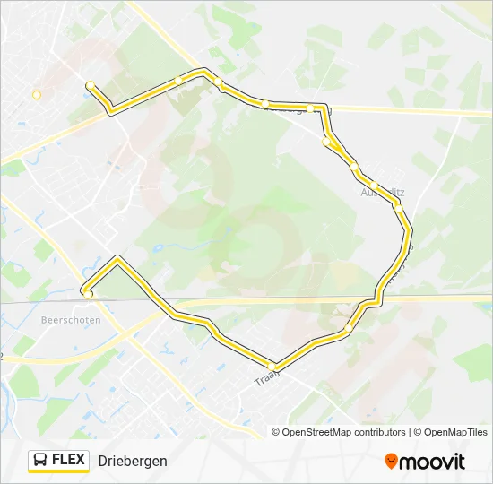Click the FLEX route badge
coord(59,461)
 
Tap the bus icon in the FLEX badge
coord(41,461)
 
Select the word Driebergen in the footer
coord(133,461)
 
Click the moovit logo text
coord(431,462)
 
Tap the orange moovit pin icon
coord(391,461)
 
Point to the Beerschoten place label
coord(70,319)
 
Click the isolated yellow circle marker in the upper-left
coord(37,94)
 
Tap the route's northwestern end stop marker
coord(90,85)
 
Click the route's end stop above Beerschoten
coord(87,291)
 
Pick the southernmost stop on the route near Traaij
coord(277,367)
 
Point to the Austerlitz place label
coord(382,192)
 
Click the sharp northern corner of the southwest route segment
coord(117,258)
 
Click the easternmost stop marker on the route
coord(398,206)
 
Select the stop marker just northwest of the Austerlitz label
coord(356,168)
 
